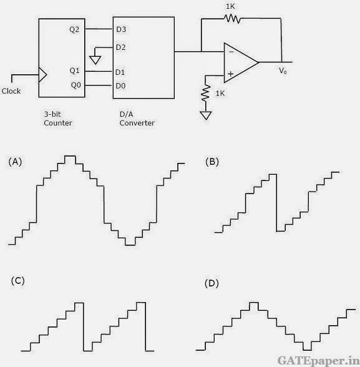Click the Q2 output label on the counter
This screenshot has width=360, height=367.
[74, 30]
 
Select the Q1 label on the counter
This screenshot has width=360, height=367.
[75, 71]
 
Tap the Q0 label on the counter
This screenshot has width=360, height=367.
[76, 85]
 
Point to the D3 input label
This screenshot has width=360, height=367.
[121, 29]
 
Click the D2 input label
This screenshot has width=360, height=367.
[121, 47]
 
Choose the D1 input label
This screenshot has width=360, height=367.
[120, 72]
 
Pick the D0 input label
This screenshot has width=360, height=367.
[120, 86]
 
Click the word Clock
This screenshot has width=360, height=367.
[11, 91]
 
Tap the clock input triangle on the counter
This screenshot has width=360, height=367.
[43, 75]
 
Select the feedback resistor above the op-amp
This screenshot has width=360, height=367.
[232, 19]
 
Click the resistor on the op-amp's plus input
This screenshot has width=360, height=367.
[206, 93]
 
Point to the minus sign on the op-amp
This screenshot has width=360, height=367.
[231, 52]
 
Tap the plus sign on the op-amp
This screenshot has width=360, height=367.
[231, 74]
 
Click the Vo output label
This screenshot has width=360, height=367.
[283, 71]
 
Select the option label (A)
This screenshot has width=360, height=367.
[15, 162]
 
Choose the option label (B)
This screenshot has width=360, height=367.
[212, 162]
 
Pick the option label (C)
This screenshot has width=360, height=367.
[17, 281]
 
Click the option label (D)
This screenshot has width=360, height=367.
[212, 283]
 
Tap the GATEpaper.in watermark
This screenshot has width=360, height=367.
[318, 361]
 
